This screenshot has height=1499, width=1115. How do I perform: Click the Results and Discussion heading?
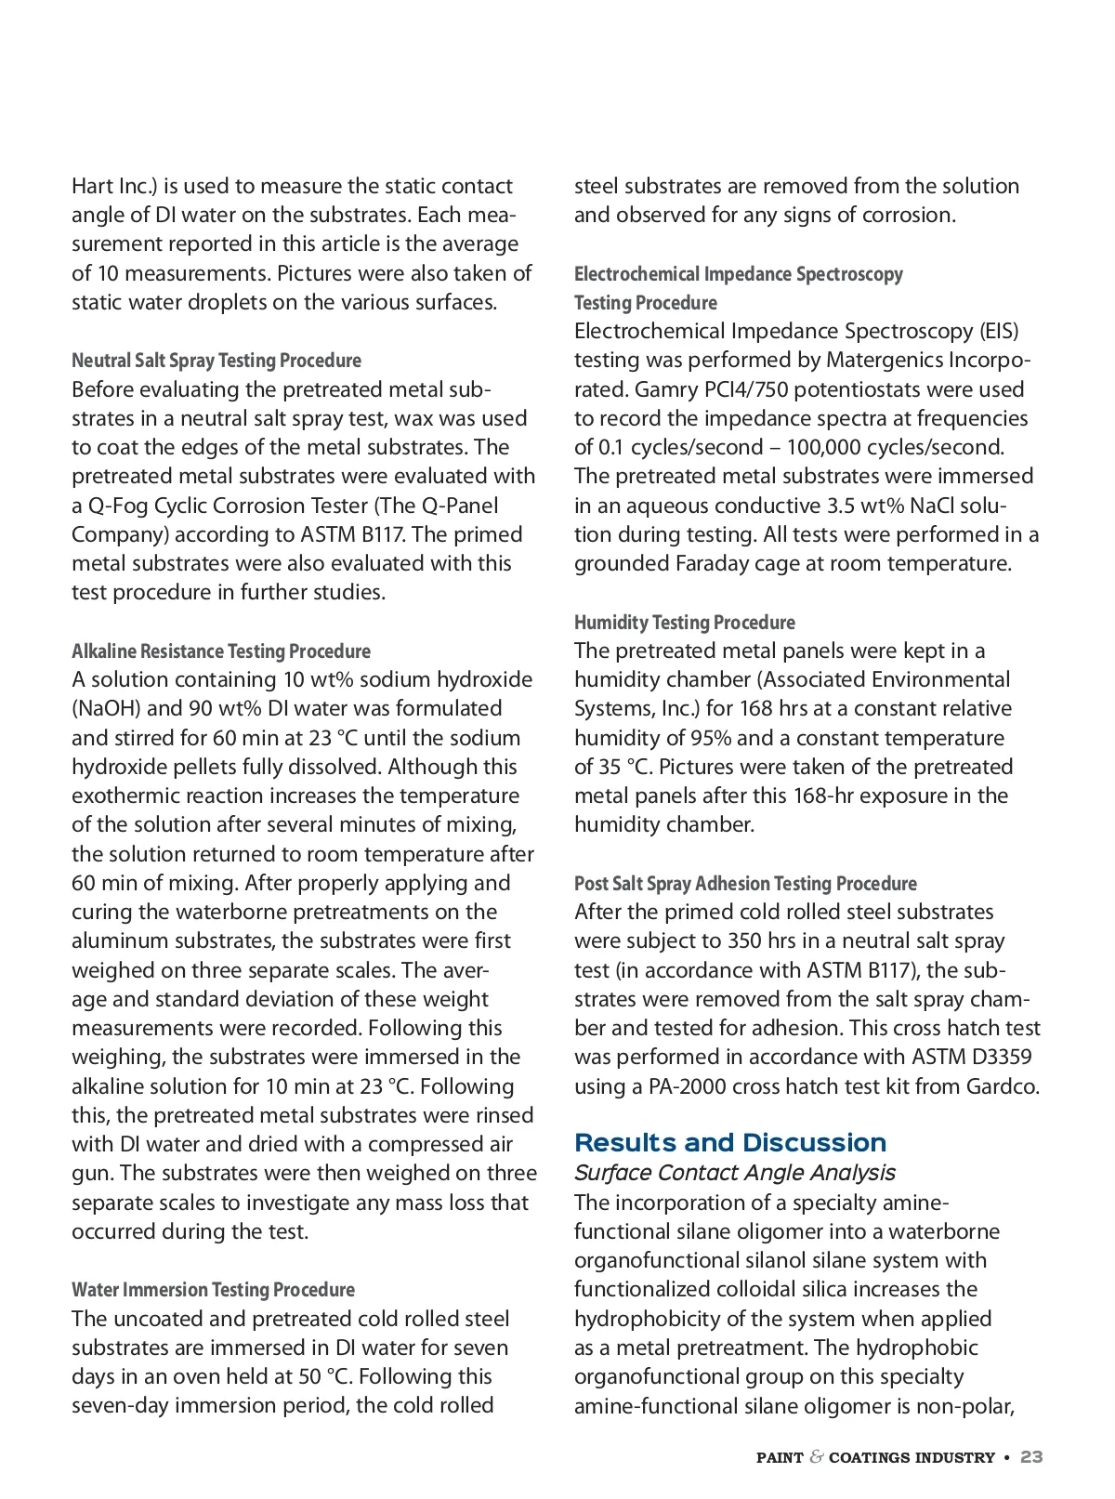pos(730,1143)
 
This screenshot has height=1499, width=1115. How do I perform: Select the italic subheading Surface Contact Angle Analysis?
pos(734,1173)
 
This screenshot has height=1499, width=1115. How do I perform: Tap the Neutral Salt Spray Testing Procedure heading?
pos(216,361)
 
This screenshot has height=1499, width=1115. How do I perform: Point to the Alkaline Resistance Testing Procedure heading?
pos(221,651)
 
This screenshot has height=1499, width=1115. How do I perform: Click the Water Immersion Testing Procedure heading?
pos(213,1290)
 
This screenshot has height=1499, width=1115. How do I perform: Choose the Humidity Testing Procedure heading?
pos(685,623)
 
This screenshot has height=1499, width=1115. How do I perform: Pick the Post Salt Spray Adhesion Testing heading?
pos(745,884)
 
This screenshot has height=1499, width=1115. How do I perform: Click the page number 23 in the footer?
pos(1031,1457)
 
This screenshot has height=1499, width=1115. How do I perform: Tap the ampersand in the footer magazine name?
pos(817,1457)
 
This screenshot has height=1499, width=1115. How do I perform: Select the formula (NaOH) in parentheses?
pos(106,709)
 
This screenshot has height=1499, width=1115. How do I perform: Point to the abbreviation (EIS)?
pos(999,332)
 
